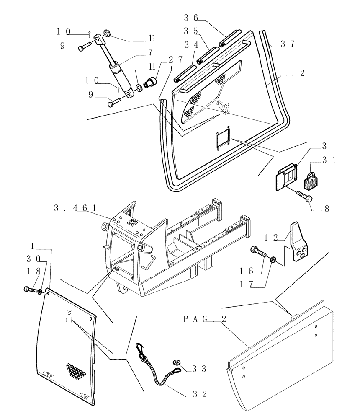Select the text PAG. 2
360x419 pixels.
pos(205,319)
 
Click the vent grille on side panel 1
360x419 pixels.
pos(77,370)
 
